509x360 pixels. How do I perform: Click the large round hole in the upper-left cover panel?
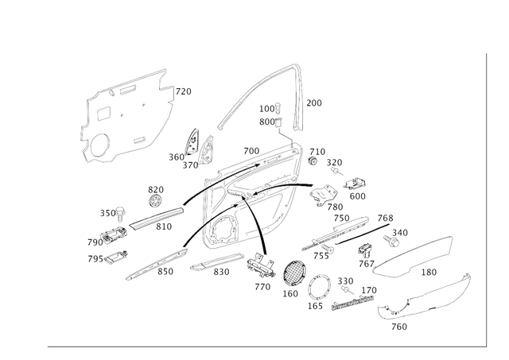pyautogui.click(x=101, y=146)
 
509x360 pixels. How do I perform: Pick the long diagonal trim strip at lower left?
pyautogui.click(x=151, y=263)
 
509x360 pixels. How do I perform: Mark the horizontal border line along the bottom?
pyautogui.click(x=262, y=346)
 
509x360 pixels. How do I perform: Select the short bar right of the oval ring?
pyautogui.click(x=354, y=300)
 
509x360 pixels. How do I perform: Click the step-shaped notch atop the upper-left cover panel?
pyautogui.click(x=165, y=83)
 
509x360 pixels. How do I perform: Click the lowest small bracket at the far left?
pyautogui.click(x=111, y=255)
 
